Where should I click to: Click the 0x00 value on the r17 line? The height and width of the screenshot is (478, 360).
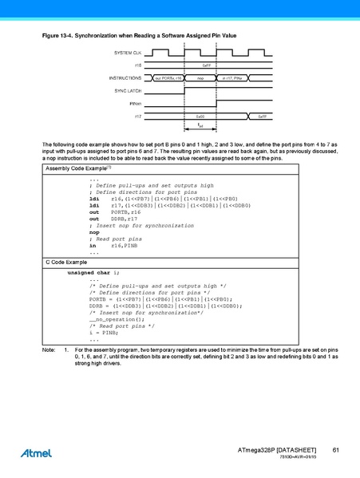coord(200,117)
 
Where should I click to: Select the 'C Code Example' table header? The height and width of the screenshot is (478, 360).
coord(65,262)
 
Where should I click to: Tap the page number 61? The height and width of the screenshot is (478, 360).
coord(336,452)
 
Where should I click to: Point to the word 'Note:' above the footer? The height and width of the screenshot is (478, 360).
coord(49,350)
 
